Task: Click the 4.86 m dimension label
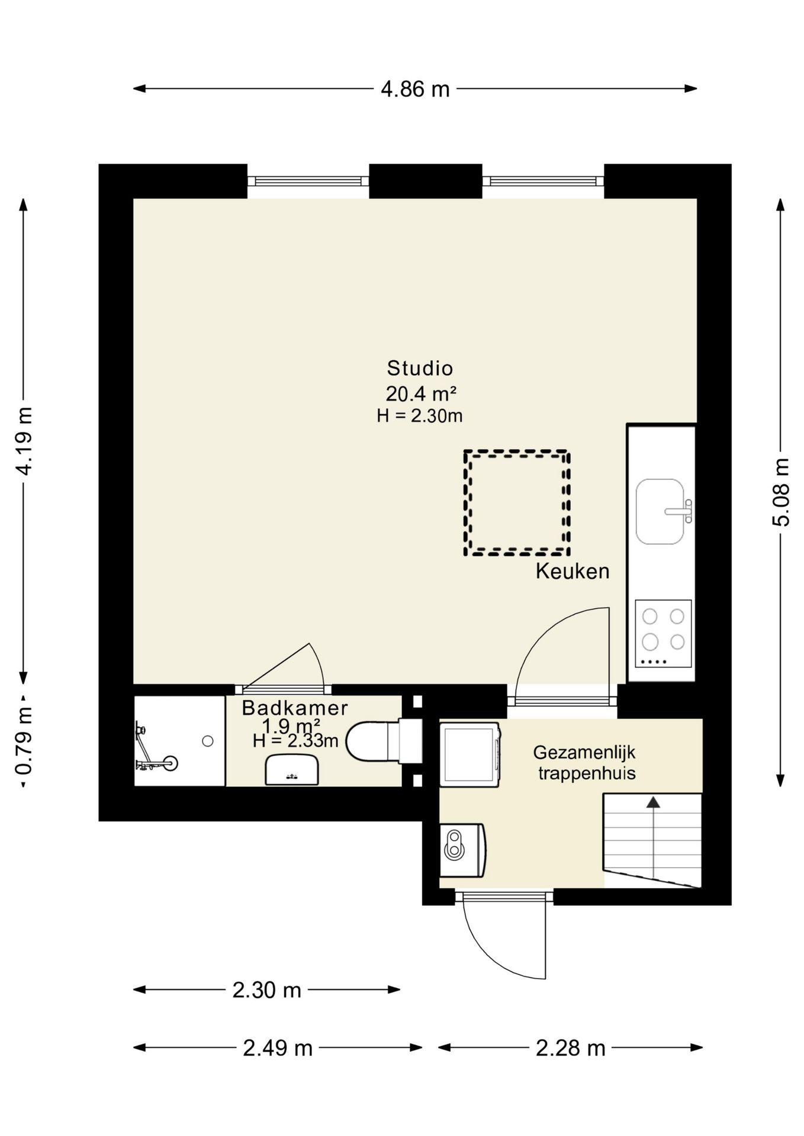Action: point(414,89)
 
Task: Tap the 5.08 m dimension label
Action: point(781,492)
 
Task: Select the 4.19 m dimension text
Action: point(24,441)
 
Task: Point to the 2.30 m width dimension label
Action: point(266,990)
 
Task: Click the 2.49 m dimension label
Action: point(277,1048)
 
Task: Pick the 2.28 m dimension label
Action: point(570,1048)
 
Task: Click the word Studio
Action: point(420,368)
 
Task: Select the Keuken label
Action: point(573,571)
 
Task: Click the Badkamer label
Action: point(295,708)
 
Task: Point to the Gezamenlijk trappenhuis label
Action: point(585,763)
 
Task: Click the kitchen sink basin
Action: point(660,512)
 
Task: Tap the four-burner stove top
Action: point(664,633)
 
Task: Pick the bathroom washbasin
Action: point(292,770)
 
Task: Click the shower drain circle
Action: point(208,741)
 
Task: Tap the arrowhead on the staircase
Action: point(653,802)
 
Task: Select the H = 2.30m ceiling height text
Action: point(420,416)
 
